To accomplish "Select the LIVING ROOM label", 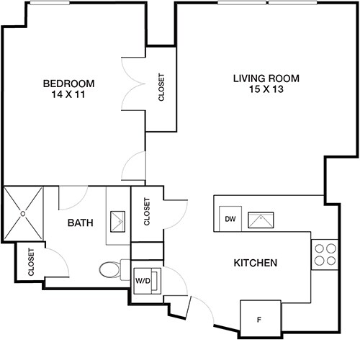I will [x=266, y=78].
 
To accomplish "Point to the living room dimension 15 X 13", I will [x=266, y=89].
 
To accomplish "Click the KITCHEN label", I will [x=256, y=264].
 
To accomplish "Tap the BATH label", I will [x=81, y=223].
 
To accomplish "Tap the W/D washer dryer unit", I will [x=143, y=281].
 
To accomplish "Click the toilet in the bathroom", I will [x=109, y=270].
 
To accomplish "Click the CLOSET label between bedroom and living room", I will [x=161, y=89].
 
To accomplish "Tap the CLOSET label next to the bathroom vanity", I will [x=147, y=212].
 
